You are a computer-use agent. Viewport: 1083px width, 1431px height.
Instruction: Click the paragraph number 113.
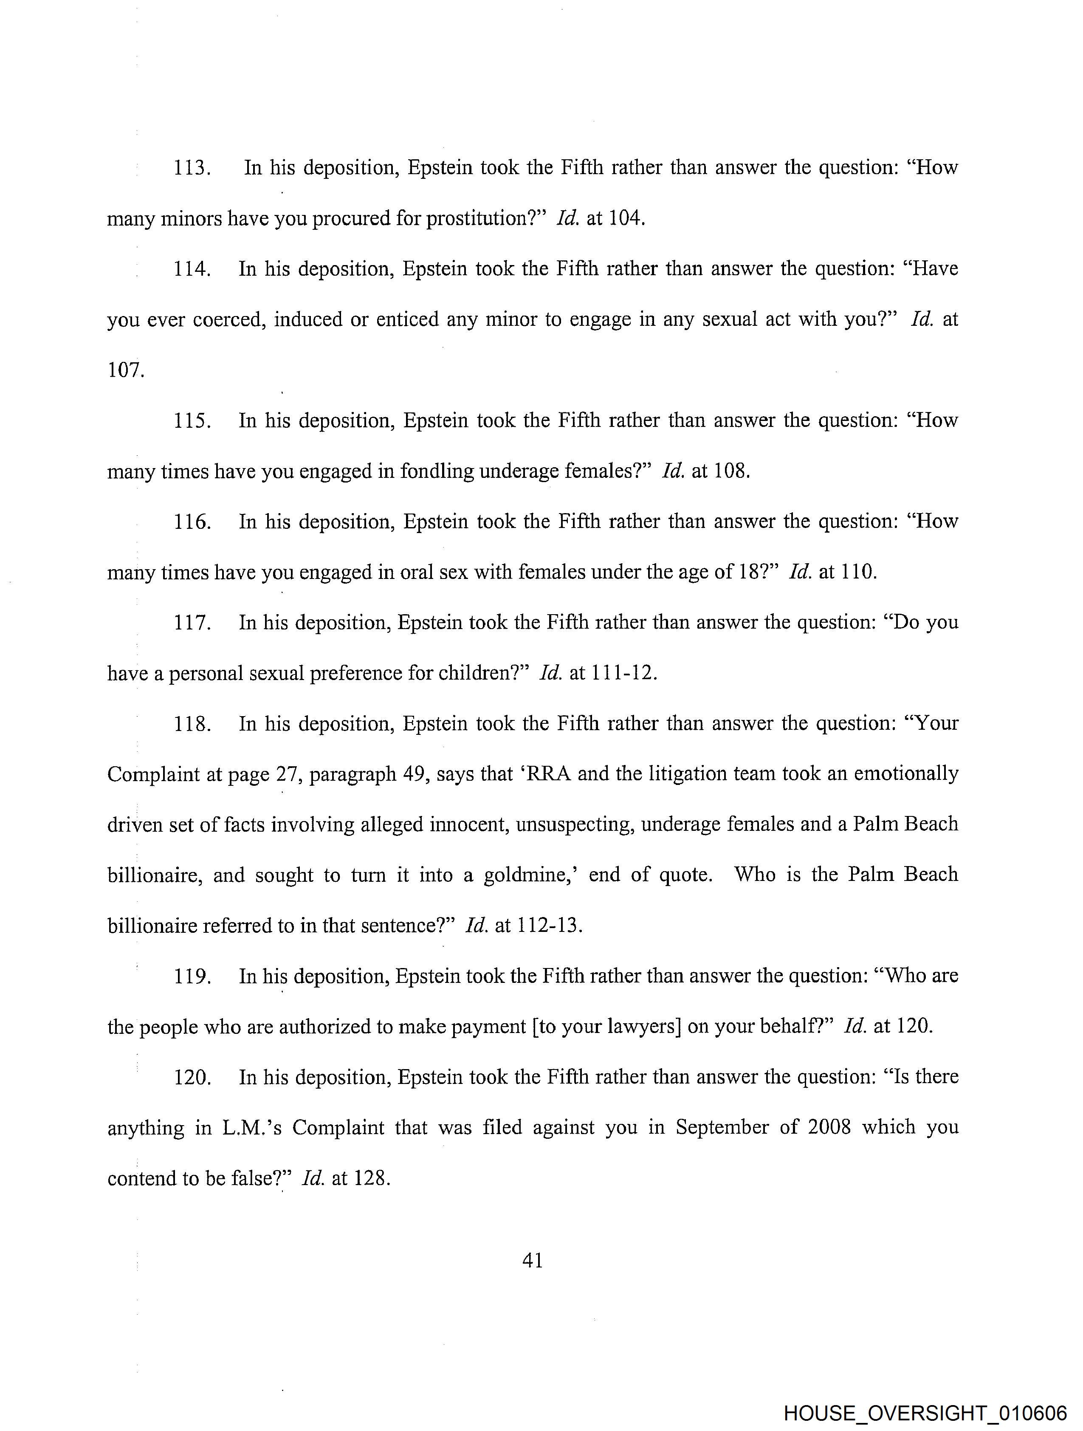pyautogui.click(x=192, y=168)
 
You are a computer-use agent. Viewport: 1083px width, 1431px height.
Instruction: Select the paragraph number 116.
pyautogui.click(x=192, y=522)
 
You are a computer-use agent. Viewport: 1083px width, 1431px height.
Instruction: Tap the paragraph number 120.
pyautogui.click(x=192, y=1077)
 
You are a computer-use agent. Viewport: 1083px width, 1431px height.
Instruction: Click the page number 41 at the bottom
pyautogui.click(x=533, y=1260)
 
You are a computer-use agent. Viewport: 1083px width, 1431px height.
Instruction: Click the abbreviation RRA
pyautogui.click(x=549, y=774)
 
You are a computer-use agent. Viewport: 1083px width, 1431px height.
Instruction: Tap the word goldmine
pyautogui.click(x=530, y=875)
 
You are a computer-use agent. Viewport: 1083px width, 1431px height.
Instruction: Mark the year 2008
pyautogui.click(x=829, y=1128)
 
